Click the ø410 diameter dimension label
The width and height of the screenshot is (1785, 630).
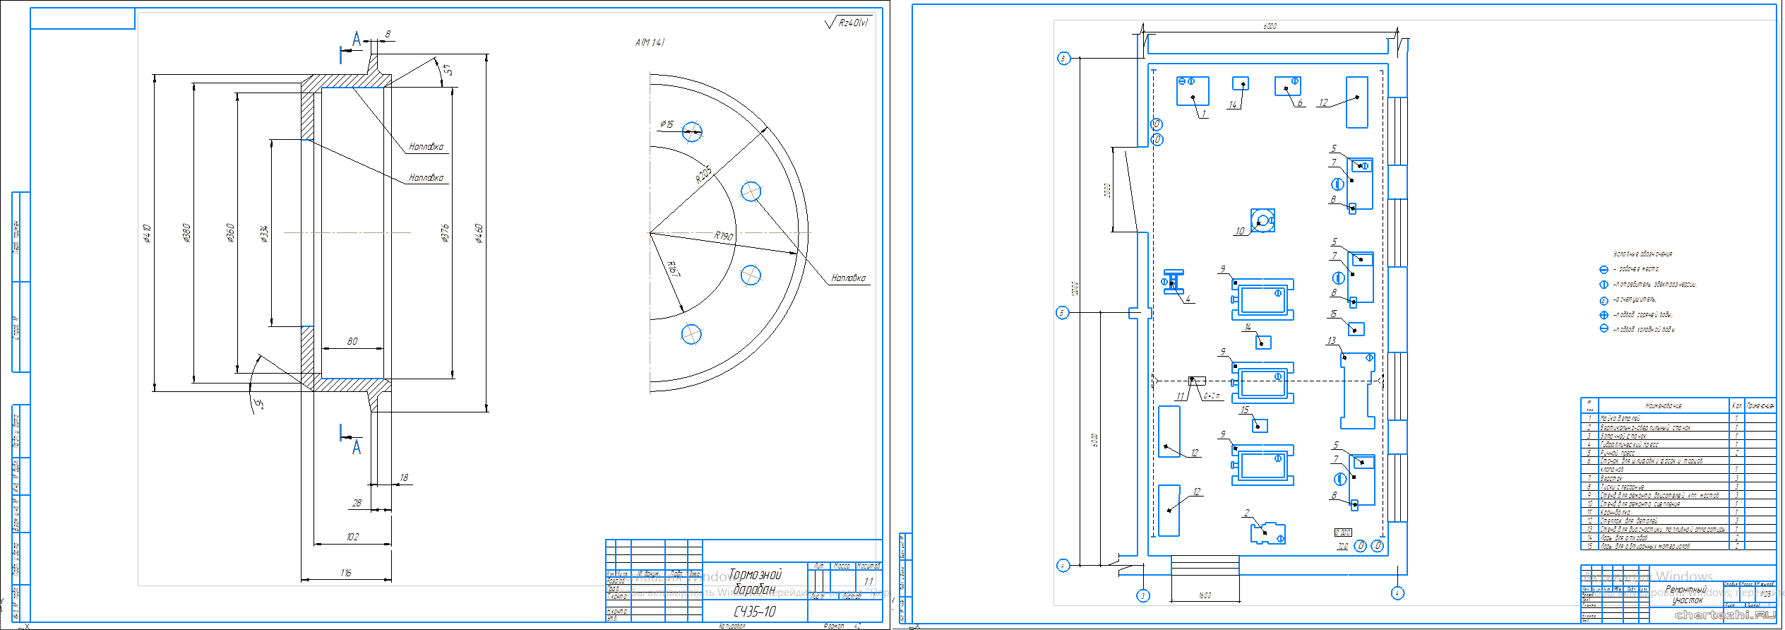coord(147,233)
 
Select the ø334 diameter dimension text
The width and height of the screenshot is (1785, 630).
coord(265,233)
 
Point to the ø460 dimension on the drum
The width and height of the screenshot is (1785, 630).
coord(479,233)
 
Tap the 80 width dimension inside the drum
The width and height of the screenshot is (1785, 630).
coord(352,342)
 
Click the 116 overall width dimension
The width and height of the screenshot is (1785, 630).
coord(345,573)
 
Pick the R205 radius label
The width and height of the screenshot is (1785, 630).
coord(703,174)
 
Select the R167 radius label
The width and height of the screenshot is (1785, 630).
coord(674,269)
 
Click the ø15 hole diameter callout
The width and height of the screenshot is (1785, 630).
coord(667,124)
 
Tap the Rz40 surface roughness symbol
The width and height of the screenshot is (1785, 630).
coord(847,23)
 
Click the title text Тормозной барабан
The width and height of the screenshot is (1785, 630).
coord(754,581)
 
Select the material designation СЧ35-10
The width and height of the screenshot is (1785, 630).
coord(754,611)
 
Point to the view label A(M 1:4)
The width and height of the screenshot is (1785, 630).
coord(650,42)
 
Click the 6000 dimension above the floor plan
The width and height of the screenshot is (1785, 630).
coord(1270,27)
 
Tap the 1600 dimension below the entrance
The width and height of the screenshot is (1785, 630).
coord(1205,595)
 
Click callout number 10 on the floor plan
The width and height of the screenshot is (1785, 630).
coord(1240,231)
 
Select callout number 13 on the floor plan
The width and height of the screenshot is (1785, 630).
coord(1331,340)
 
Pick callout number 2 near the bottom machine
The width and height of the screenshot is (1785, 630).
coord(1247,513)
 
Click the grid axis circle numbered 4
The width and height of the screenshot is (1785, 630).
coord(1397,593)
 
